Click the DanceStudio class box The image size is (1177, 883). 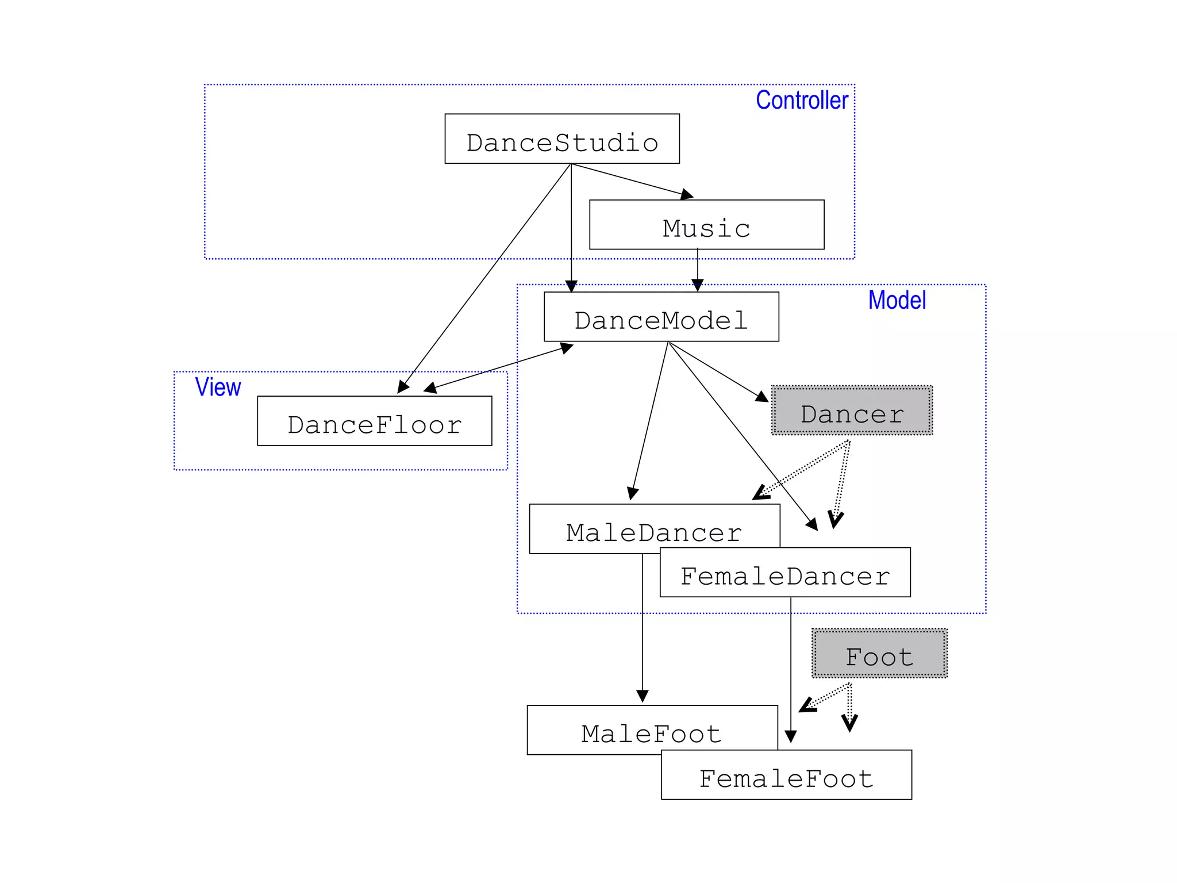point(562,139)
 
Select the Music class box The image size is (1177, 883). point(706,225)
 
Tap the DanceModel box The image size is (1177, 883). point(661,317)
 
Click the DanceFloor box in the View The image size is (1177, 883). point(374,421)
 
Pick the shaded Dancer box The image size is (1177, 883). point(852,410)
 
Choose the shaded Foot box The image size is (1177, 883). point(879,653)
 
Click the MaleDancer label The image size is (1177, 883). point(654,532)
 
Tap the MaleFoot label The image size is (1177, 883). point(651,734)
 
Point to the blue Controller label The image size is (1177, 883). point(802,100)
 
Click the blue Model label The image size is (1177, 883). point(897,300)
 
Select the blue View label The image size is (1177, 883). point(218,387)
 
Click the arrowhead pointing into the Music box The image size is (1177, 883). point(687,195)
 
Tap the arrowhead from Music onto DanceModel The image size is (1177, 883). point(697,285)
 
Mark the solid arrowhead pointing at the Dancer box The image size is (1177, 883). point(762,396)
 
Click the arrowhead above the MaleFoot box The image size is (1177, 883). point(643,696)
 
